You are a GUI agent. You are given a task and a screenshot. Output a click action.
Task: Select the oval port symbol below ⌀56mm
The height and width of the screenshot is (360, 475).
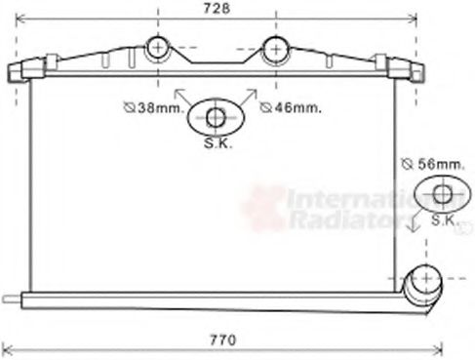click(441, 194)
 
